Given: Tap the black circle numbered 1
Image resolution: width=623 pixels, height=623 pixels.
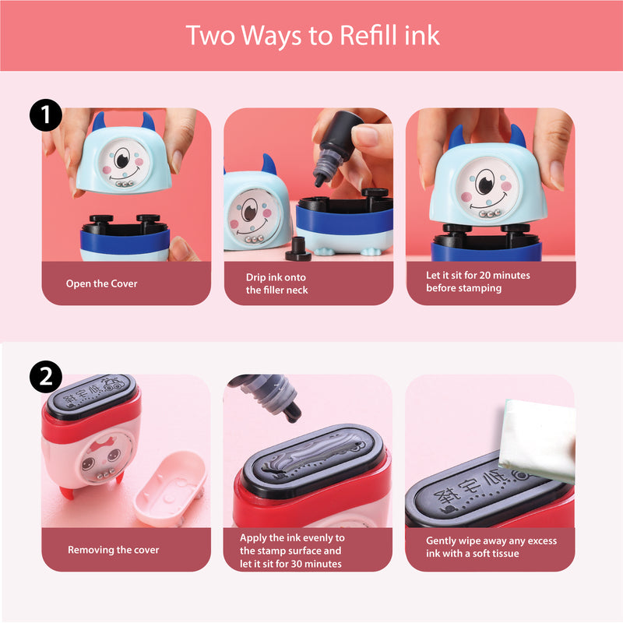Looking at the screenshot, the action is (x=46, y=114).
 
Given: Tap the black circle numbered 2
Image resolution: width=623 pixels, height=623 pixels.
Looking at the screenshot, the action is (x=46, y=377).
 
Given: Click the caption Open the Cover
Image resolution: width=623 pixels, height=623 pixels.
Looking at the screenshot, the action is (x=102, y=283).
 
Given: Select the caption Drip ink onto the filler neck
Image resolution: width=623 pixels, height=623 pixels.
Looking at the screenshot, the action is (x=276, y=283).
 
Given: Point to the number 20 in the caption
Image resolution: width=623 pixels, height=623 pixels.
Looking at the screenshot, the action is (x=484, y=275).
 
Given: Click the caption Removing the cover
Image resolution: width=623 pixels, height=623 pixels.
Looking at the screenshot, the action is (x=113, y=550).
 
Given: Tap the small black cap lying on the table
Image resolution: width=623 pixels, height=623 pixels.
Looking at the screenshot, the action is (x=297, y=249).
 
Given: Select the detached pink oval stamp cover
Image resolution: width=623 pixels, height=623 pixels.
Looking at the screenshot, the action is (x=170, y=488).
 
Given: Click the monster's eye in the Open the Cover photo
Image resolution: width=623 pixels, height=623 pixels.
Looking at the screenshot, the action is (x=122, y=158).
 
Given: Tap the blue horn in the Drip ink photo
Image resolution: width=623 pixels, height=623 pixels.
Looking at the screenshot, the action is (x=269, y=165).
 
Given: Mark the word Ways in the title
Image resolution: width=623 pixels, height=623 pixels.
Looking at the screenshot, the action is (x=271, y=36).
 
